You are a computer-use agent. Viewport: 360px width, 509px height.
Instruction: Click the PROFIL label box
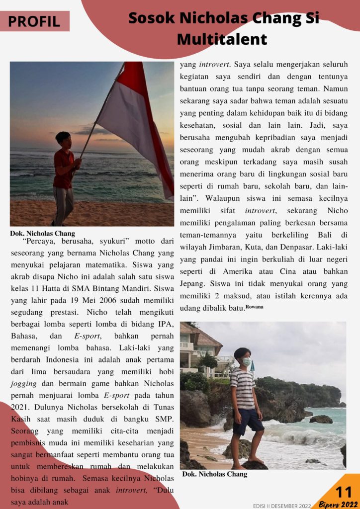[x=34, y=21]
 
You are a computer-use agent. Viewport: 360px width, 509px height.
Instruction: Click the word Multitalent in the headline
[x=222, y=39]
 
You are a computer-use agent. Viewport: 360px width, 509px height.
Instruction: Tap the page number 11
[x=344, y=492]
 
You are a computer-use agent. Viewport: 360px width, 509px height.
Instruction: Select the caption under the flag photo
[x=42, y=233]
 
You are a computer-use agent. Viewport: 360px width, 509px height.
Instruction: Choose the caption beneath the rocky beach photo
[x=215, y=474]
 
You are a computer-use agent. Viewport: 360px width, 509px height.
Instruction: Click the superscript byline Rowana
[x=255, y=307]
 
